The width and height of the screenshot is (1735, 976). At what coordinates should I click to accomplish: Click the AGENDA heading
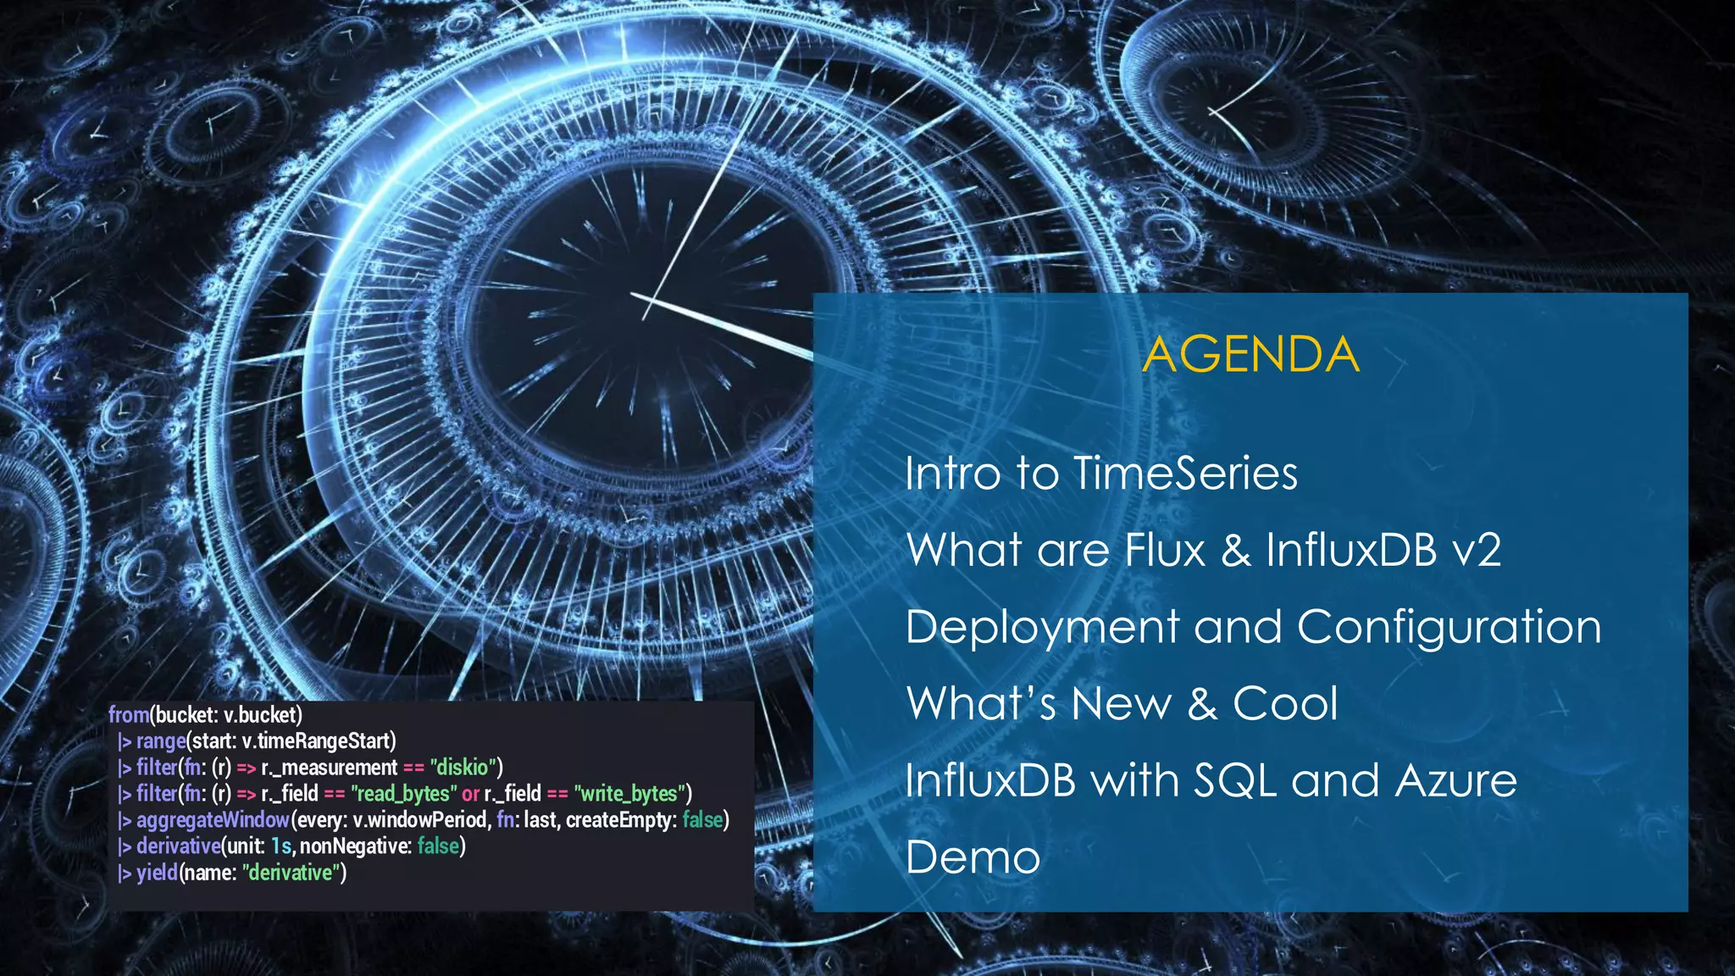point(1250,354)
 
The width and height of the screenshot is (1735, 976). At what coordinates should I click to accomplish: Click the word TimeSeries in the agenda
point(1185,473)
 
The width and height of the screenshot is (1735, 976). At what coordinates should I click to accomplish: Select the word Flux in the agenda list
point(1165,550)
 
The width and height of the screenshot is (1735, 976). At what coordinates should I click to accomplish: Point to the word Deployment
point(1042,628)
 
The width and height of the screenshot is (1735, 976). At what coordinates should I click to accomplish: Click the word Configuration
point(1449,628)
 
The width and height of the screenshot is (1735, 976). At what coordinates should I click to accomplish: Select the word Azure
point(1455,780)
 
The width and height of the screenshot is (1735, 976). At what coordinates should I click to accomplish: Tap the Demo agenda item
point(973,857)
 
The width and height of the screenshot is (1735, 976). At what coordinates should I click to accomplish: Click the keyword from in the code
point(128,714)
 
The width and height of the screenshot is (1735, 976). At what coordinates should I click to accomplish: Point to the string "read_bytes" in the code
point(403,794)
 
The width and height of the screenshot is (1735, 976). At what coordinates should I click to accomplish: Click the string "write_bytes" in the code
point(629,794)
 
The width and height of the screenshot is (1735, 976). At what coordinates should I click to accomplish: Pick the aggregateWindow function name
point(213,820)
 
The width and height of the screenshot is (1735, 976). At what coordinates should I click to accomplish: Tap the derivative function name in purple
point(178,846)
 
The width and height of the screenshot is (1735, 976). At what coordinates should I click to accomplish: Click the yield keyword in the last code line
point(157,873)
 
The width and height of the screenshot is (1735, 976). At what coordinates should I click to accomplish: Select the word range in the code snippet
point(160,741)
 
